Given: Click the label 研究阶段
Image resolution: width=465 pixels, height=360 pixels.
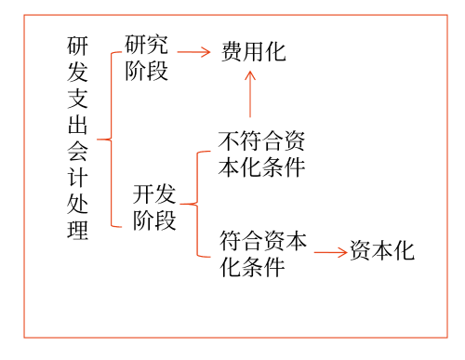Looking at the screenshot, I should [147, 58].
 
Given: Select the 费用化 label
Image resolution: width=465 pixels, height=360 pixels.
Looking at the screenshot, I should [253, 51].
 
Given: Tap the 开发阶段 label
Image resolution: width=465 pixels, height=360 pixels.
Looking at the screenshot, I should [153, 207].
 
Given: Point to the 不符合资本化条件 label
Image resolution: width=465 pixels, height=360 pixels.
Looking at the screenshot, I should [261, 154].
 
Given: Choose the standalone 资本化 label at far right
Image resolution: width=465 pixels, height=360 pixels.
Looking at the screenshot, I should [381, 251].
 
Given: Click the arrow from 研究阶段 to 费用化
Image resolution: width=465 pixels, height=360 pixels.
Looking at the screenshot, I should [193, 52].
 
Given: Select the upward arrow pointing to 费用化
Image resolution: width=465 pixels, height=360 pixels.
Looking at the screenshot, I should [249, 95].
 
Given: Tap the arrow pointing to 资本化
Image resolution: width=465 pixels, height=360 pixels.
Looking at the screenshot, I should [330, 252].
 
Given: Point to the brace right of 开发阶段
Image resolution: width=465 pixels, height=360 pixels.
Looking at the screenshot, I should [193, 203].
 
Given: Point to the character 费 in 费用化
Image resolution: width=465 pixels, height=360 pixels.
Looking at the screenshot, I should [232, 51].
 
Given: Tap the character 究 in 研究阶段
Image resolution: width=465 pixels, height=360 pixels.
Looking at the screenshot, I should [158, 45].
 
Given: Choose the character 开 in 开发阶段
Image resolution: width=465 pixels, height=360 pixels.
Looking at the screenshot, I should [142, 193].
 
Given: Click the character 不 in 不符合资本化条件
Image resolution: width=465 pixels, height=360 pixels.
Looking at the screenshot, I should [229, 141].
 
